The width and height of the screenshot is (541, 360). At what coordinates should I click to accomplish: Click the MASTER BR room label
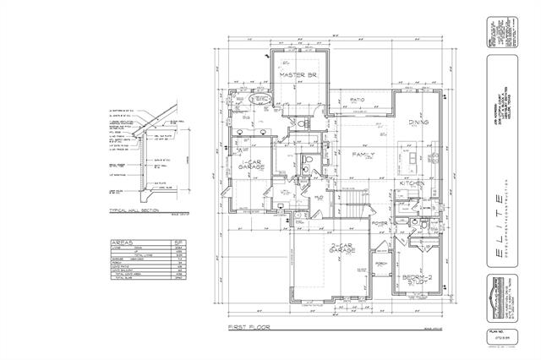[297, 75]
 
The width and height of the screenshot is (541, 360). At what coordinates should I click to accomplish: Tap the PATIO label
[357, 100]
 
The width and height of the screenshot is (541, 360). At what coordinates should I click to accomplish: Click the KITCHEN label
[413, 183]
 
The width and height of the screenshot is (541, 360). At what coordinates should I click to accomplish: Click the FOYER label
[379, 224]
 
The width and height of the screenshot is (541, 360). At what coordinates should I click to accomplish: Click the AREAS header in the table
[123, 241]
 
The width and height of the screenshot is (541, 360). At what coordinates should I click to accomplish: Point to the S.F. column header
[178, 241]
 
